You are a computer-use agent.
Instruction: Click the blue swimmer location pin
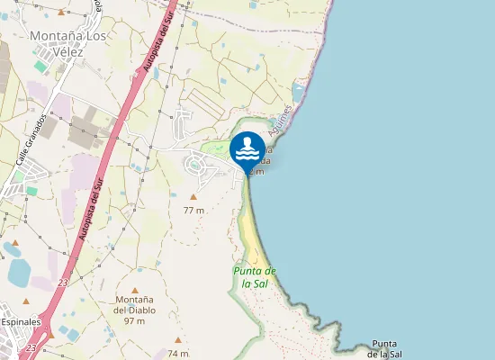[x=247, y=151]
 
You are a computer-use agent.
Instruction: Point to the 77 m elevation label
[x=193, y=210]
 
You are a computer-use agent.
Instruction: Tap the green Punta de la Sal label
[x=255, y=276]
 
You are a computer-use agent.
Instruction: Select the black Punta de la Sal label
[x=384, y=349]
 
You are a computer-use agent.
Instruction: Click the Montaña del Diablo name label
[x=135, y=304]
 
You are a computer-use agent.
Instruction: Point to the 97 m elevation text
[x=135, y=321]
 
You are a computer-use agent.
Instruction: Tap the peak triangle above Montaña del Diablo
[x=135, y=290]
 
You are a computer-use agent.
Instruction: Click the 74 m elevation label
[x=178, y=353]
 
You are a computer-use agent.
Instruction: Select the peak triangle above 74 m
[x=178, y=340]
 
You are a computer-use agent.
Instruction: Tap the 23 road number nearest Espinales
[x=31, y=347]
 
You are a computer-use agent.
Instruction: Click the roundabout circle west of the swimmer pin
[x=195, y=165]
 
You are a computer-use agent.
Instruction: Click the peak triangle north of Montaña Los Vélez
[x=61, y=13]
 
